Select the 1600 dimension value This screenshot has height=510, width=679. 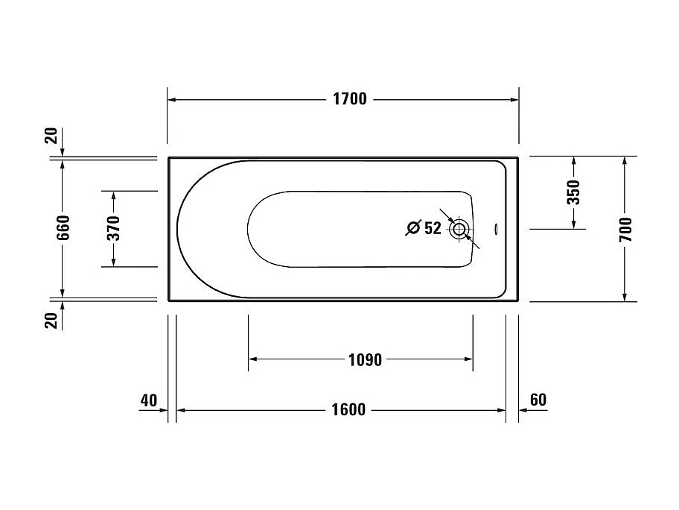coord(348,410)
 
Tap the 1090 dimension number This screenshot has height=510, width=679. coord(365,360)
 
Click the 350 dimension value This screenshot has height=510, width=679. coord(573,193)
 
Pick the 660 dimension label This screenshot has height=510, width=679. coord(63,228)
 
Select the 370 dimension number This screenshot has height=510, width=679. coord(113,228)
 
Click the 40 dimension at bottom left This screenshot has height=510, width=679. coord(149,400)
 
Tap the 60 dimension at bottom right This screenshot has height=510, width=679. coord(538,400)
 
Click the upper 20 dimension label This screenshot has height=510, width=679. coord(51,136)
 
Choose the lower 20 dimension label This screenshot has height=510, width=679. coord(51,321)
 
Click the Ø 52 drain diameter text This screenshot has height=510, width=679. coord(424,229)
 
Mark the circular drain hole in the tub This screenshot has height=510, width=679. coord(459,229)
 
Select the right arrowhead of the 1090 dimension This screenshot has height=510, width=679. coord(468,359)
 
